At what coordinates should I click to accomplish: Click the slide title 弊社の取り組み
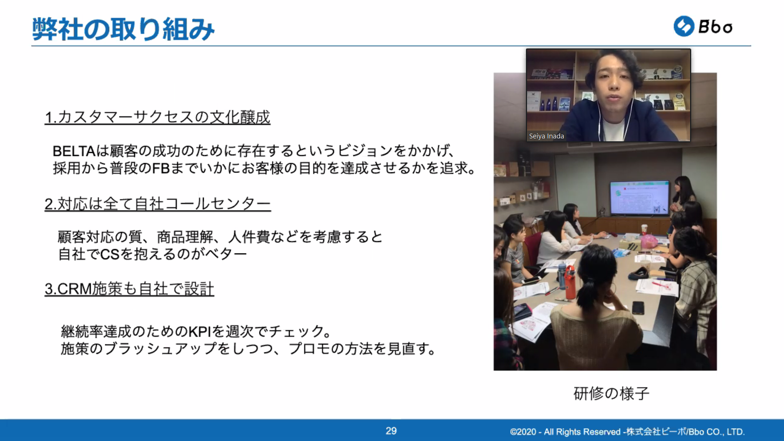click(123, 29)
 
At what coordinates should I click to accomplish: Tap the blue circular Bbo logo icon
click(684, 26)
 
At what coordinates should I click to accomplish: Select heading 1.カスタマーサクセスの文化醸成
click(157, 117)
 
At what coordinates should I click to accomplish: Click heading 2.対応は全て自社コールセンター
click(158, 204)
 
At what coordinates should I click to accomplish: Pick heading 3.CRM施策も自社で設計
click(129, 289)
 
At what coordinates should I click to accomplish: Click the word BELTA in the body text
click(74, 151)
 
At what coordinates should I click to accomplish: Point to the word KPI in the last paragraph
click(199, 331)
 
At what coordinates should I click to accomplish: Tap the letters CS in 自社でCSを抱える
click(110, 254)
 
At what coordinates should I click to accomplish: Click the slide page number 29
click(391, 431)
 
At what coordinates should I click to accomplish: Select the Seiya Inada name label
click(546, 136)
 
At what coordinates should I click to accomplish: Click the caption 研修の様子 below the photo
click(611, 393)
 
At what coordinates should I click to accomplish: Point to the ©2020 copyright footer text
click(627, 432)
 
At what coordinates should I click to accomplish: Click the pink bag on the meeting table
click(649, 241)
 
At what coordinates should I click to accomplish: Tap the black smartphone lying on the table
click(638, 308)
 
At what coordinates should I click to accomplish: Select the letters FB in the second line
click(161, 168)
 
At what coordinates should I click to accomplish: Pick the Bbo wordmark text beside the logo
click(715, 27)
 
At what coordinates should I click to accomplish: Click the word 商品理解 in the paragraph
click(185, 237)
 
